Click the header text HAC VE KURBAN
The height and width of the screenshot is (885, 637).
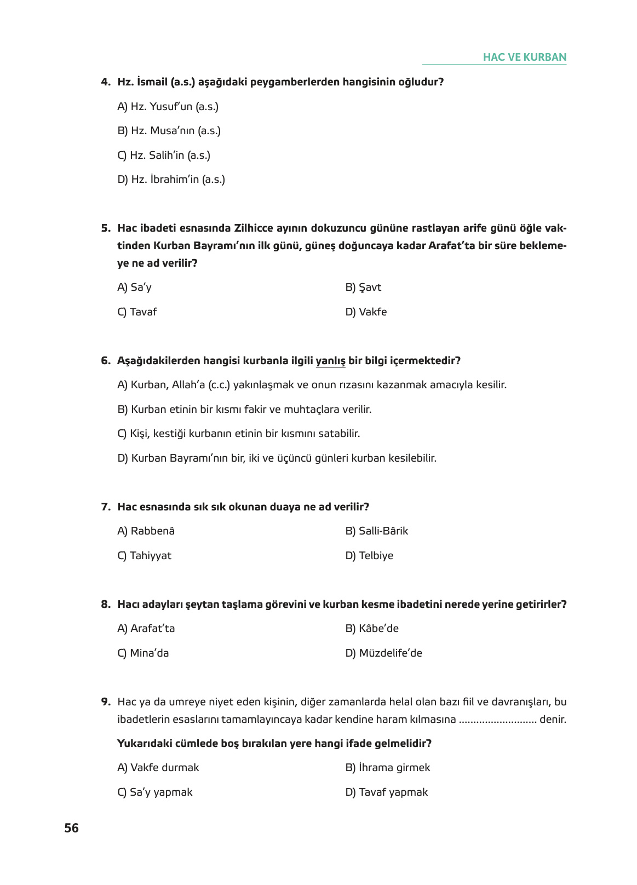pos(524,57)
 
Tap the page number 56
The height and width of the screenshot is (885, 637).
pos(71,828)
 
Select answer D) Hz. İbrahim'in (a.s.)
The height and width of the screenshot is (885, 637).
pos(171,180)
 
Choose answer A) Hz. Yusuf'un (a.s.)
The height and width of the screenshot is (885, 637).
pos(168,107)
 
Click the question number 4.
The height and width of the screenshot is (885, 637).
pos(106,82)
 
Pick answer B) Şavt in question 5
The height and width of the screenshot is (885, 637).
pos(363,288)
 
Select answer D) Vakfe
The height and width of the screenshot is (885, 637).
pos(366,312)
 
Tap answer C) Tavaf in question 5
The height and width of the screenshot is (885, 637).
pos(137,312)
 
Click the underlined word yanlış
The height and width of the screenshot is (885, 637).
pos(330,361)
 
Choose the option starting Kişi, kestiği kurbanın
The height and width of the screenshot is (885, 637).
pos(238,434)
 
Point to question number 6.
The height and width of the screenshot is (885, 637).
pos(106,361)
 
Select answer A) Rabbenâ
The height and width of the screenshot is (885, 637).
pos(146,531)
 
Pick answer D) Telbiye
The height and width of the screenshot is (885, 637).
pos(369,556)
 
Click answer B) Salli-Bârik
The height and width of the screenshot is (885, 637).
pos(376,531)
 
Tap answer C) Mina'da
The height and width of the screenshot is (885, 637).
pos(143,653)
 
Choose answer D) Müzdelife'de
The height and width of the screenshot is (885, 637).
pos(383,653)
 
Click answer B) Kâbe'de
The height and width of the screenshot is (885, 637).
pos(372,629)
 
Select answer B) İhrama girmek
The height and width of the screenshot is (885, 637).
pos(387,768)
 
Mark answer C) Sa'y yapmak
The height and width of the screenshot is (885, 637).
pos(154,792)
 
